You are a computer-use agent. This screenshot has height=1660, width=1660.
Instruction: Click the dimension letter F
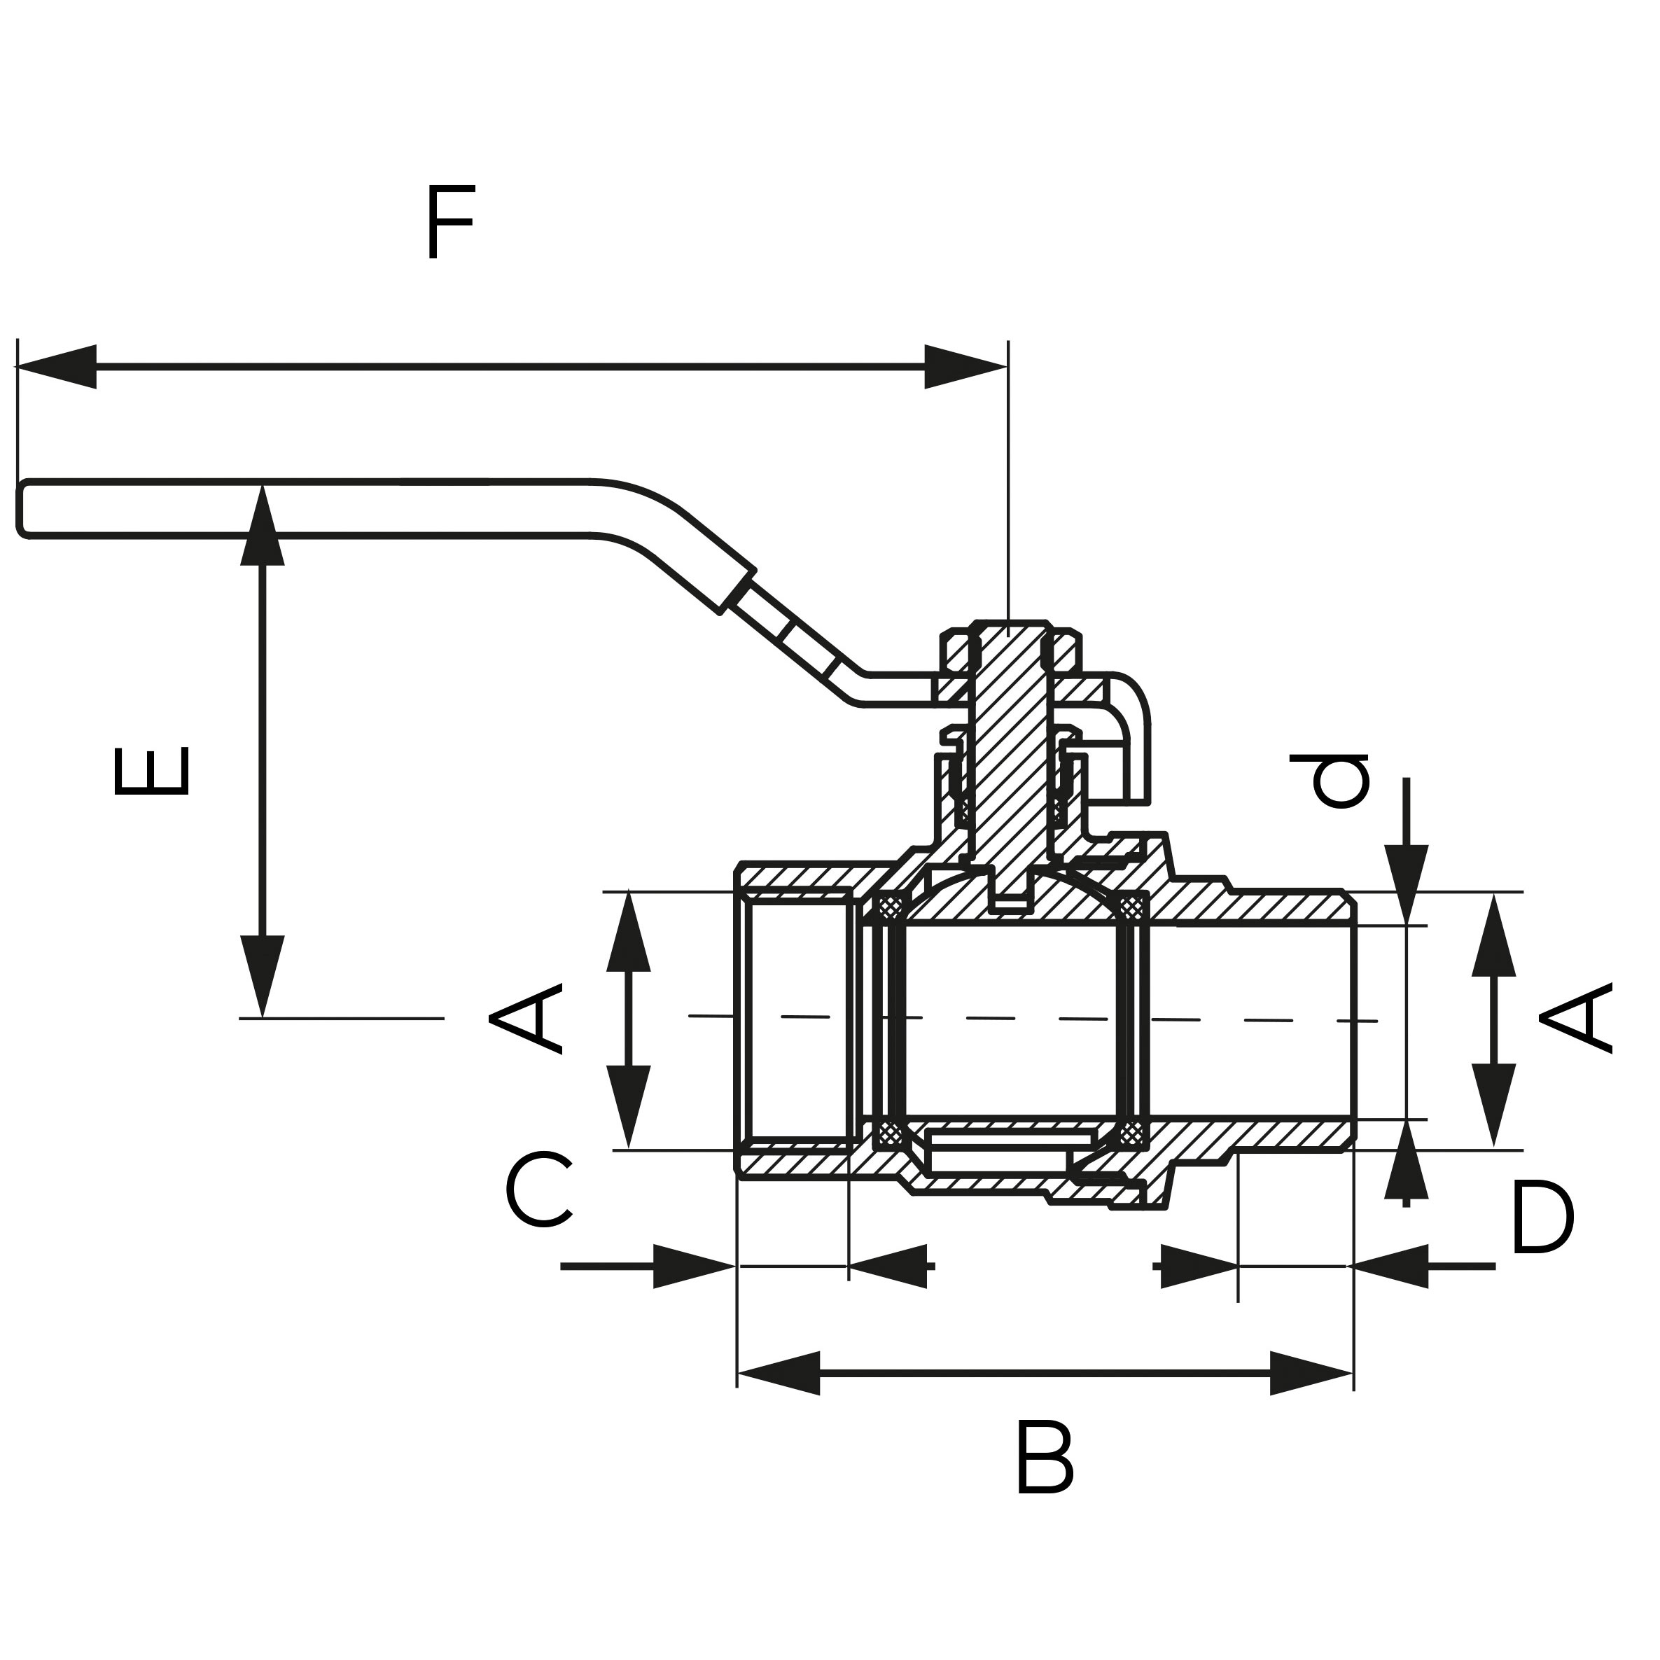[x=449, y=222]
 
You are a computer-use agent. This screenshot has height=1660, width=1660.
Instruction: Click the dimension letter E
[x=151, y=771]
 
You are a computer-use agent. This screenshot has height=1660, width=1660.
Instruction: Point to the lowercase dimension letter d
[x=1328, y=780]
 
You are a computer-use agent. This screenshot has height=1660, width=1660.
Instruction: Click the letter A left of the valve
[x=525, y=1020]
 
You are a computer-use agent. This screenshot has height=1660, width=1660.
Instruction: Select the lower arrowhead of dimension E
[x=262, y=975]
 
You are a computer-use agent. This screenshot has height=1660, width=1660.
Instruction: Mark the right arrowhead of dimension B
[x=1311, y=1373]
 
